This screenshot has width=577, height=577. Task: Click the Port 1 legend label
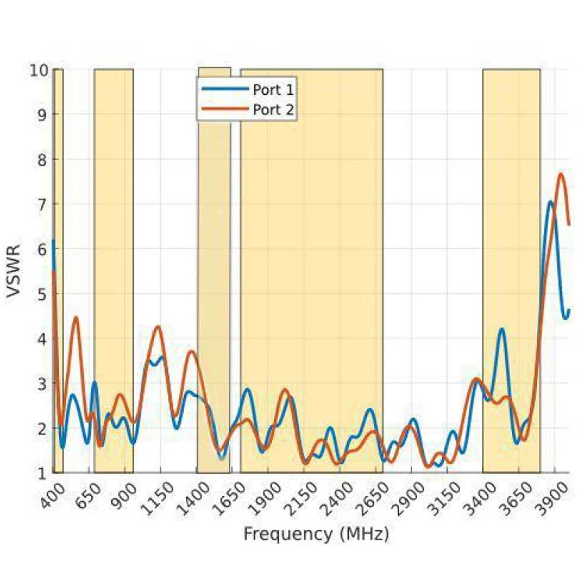pos(273,90)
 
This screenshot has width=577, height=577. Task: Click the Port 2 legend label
pos(273,110)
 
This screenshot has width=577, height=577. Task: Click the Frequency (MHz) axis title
pos(316,534)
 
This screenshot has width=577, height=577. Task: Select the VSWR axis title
pos(14,271)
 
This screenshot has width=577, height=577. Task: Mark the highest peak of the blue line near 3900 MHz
pos(550,201)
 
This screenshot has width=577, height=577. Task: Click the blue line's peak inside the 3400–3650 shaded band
pos(502,329)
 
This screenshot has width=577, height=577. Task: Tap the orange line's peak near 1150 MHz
pos(157,327)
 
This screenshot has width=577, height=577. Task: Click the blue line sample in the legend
pos(225,90)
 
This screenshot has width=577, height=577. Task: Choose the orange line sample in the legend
pos(225,110)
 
